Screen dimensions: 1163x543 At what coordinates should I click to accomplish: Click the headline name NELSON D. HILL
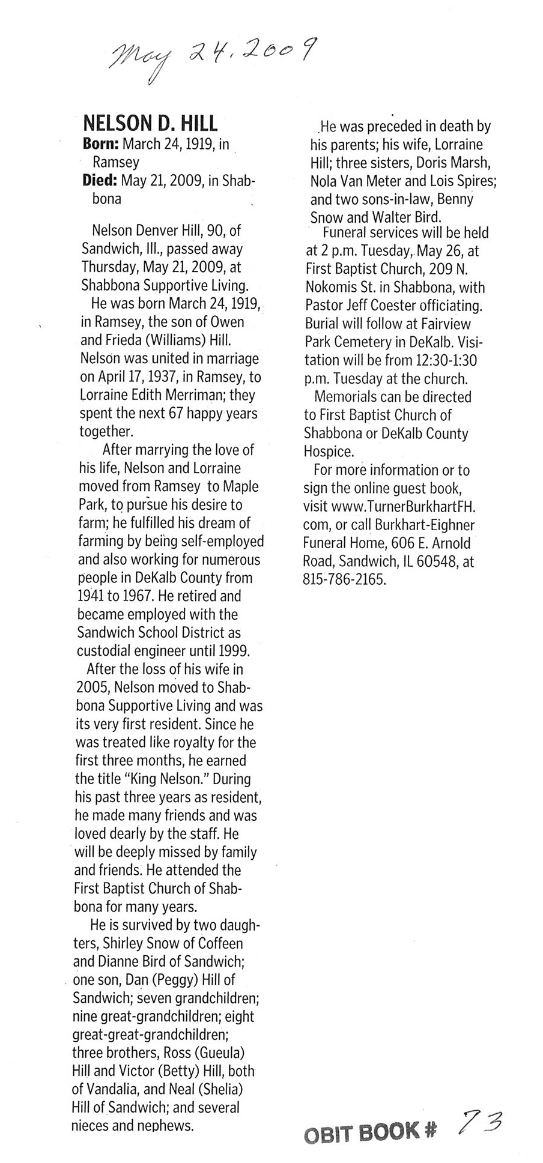(x=150, y=124)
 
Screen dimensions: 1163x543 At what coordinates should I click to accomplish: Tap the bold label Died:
(x=100, y=181)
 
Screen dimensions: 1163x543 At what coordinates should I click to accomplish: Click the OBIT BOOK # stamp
(x=369, y=1132)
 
